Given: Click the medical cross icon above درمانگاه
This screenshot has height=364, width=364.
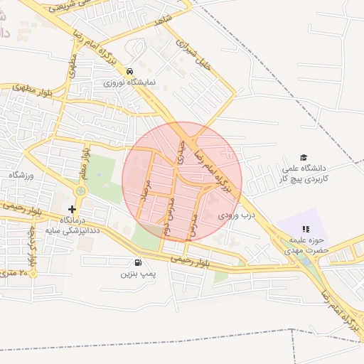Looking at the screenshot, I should click(x=71, y=209).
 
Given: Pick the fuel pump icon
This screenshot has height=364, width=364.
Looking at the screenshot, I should click(x=137, y=262).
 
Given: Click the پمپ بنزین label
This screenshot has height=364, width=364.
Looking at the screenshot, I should click(x=137, y=273).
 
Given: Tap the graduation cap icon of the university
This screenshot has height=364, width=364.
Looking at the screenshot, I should click(x=304, y=157).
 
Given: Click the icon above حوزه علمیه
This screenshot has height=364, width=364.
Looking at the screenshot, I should click(x=306, y=229).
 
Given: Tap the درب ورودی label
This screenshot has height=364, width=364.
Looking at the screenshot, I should click(x=236, y=214).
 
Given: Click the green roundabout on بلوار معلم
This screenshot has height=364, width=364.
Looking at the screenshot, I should click(x=80, y=191).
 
